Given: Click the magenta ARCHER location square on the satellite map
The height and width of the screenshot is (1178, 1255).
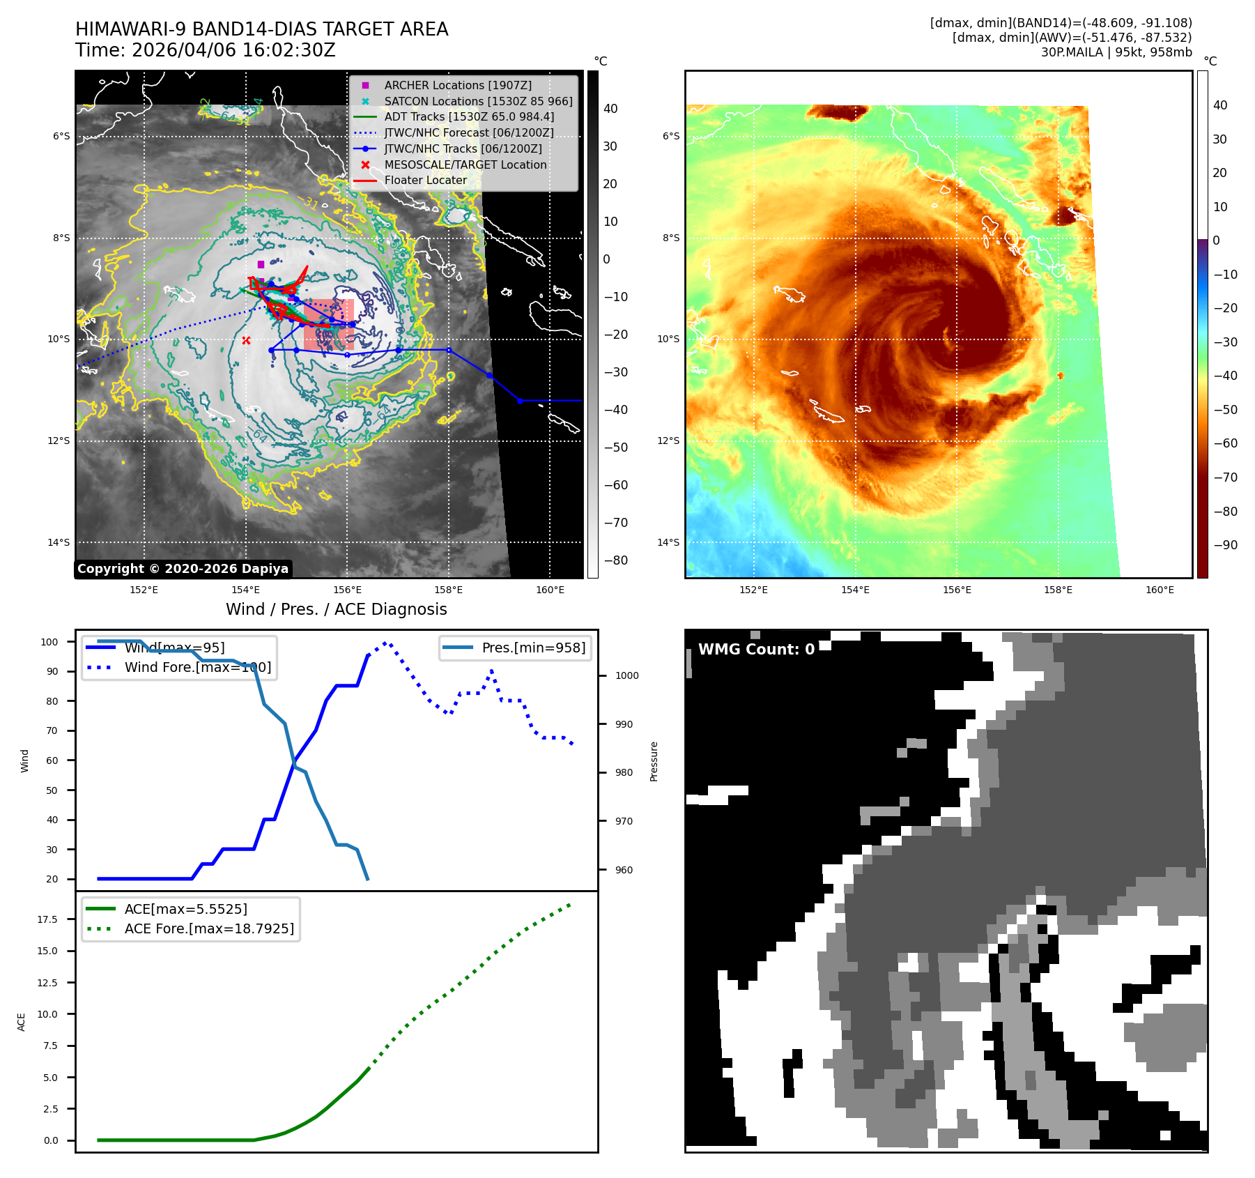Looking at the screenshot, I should (261, 264).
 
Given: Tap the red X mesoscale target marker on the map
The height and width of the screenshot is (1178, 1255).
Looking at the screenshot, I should (246, 340).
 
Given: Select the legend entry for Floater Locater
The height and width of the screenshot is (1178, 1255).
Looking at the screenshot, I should (425, 180).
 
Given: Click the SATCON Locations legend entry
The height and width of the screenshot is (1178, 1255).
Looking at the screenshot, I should (478, 101).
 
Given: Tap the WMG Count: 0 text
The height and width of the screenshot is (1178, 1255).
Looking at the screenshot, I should (756, 650).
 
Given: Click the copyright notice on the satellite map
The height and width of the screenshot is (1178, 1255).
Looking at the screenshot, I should (183, 569).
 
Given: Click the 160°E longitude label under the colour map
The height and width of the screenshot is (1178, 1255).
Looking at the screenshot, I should (1160, 590).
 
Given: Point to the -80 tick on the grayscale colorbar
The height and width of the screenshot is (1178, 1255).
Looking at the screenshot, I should (615, 560).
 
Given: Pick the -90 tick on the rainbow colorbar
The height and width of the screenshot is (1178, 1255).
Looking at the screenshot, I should (1225, 545).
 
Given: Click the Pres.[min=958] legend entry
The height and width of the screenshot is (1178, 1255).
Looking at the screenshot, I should (534, 648).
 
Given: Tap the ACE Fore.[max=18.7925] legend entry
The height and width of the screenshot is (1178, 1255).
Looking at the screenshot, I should (209, 928).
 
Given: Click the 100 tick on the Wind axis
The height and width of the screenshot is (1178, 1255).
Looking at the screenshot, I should (49, 642).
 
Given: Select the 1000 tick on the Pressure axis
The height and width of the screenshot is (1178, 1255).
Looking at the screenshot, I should (626, 675).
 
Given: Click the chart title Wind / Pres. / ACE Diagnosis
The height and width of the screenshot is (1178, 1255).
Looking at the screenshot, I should (337, 609).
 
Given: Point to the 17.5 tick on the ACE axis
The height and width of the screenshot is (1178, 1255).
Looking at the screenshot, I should (47, 919).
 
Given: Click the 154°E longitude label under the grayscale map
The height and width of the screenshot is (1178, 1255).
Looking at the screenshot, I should (245, 590).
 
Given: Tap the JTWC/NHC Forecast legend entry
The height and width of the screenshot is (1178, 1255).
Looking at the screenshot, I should (469, 132).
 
